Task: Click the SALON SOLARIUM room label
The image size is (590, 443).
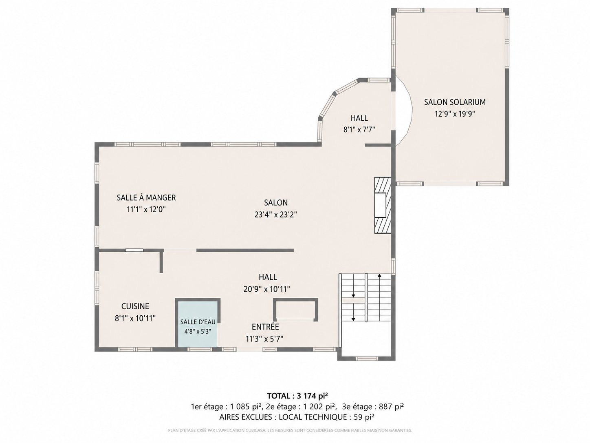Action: click(x=455, y=102)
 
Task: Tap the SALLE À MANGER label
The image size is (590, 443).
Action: click(x=146, y=198)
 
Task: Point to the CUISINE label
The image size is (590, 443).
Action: click(x=135, y=306)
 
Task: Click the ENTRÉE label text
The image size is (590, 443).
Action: click(x=265, y=327)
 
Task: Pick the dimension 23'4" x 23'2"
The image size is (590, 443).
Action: click(x=276, y=215)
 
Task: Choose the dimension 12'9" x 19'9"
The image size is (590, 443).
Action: click(x=455, y=114)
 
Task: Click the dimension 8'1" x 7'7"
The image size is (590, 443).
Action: click(x=359, y=130)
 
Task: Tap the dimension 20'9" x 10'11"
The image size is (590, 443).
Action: click(x=267, y=289)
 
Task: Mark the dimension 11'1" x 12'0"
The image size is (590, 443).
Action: click(x=146, y=209)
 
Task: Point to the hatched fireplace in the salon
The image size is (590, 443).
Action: click(x=383, y=205)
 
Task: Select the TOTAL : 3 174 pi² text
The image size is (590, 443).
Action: click(x=297, y=396)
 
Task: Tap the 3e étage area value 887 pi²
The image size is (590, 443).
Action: click(x=391, y=407)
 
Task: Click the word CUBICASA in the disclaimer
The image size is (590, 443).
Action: click(x=255, y=431)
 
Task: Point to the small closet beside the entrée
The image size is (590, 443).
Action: click(x=296, y=309)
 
